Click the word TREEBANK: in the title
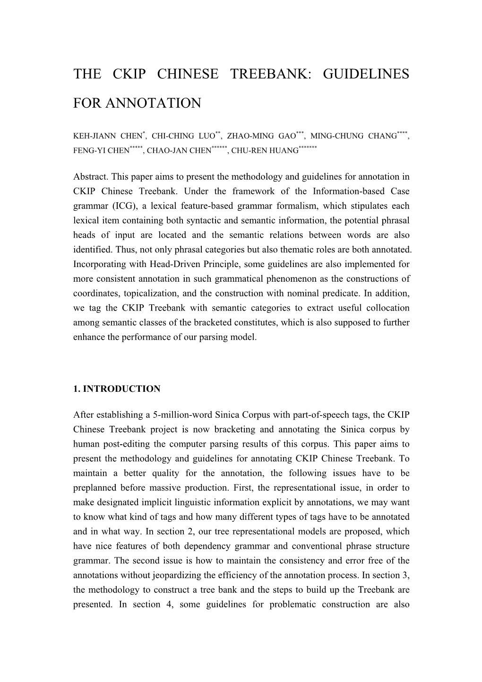point(269,74)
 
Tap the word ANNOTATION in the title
point(153,103)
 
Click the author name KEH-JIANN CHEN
point(108,136)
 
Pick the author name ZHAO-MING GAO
point(261,136)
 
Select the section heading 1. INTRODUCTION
point(117,389)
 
